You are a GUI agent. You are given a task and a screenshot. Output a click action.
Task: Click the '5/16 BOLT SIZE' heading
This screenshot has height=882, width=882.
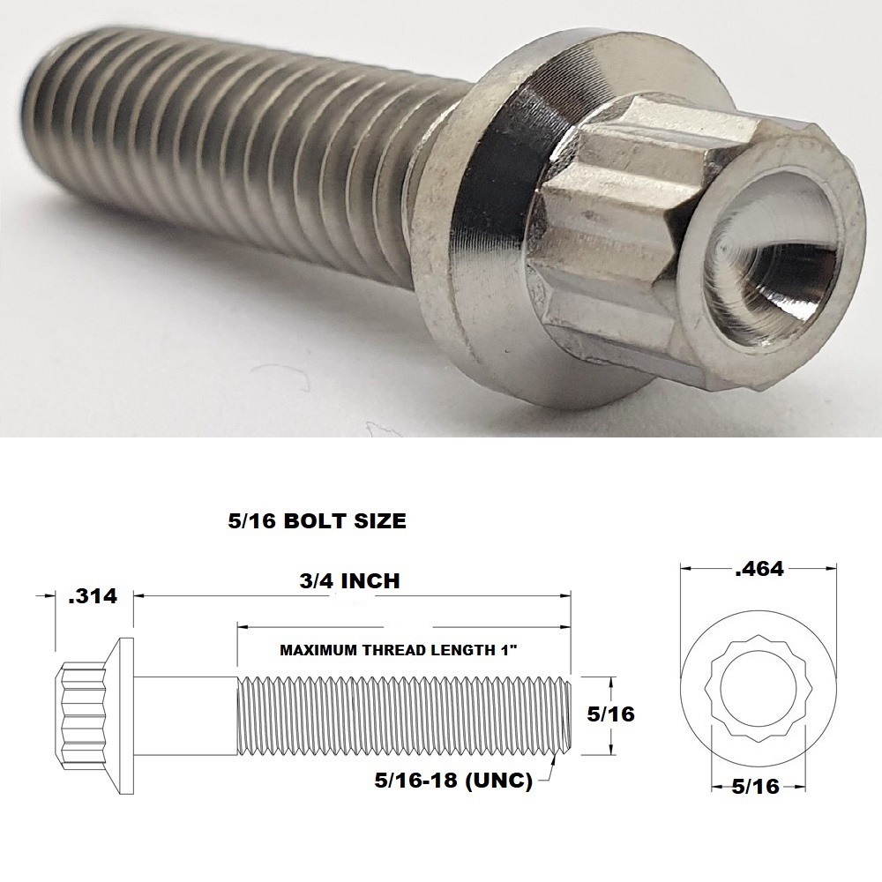click(318, 521)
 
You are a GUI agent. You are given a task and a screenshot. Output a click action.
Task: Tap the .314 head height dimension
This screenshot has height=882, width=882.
click(93, 596)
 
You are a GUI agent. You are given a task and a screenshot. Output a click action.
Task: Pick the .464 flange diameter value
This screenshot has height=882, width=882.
click(759, 569)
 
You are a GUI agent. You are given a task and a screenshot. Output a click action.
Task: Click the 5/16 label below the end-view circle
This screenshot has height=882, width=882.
click(755, 786)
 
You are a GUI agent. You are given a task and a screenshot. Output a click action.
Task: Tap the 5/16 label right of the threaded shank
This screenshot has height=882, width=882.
click(609, 714)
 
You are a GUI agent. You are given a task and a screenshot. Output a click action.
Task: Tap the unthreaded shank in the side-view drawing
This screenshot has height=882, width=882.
click(186, 715)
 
